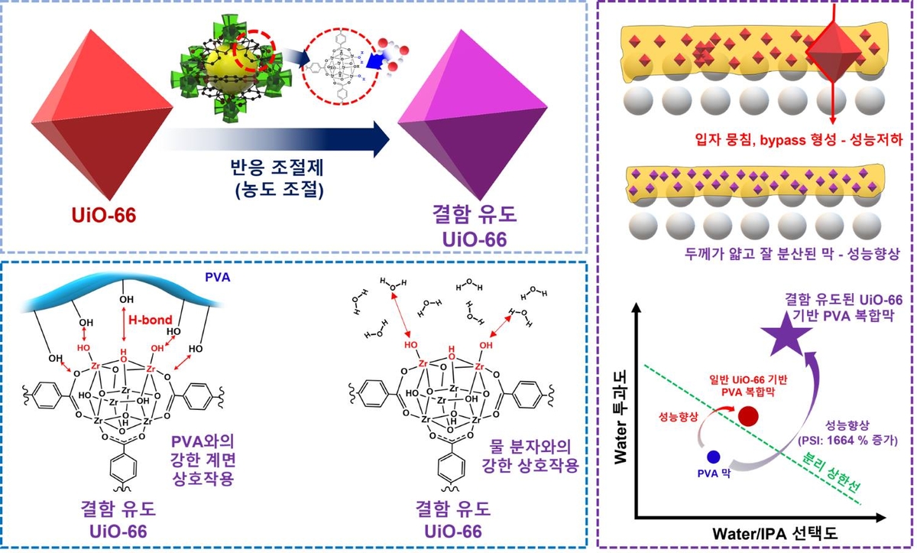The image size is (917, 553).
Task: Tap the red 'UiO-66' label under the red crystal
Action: [99, 216]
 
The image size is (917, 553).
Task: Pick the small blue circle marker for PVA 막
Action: [714, 457]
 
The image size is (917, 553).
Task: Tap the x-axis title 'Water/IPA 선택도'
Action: [767, 530]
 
